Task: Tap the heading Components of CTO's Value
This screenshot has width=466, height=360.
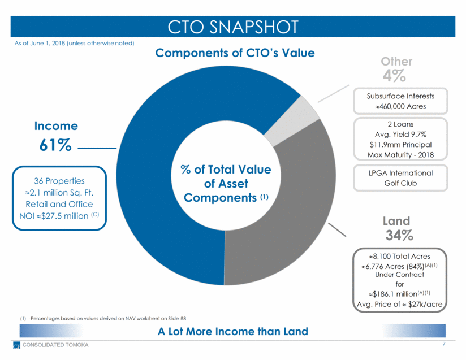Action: tap(235, 53)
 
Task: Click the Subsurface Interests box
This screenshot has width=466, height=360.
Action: tap(400, 101)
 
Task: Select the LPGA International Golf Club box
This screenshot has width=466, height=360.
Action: tap(400, 178)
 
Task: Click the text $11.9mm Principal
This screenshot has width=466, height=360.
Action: tap(400, 144)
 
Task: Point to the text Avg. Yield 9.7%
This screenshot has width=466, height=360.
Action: tap(400, 133)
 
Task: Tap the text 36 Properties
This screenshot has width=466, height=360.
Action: tap(59, 181)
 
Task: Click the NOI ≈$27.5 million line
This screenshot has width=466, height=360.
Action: tap(59, 215)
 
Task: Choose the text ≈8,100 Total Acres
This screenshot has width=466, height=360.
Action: tap(400, 256)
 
